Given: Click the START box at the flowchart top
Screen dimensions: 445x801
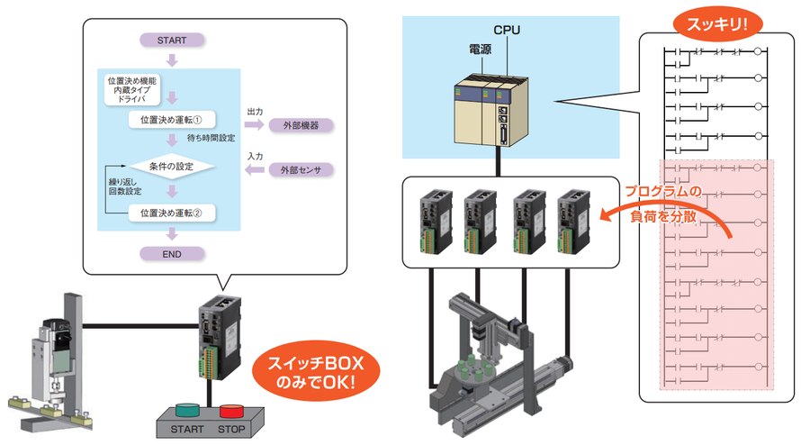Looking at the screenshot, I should tap(172, 41).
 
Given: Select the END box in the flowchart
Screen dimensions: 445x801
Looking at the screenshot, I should tap(172, 254).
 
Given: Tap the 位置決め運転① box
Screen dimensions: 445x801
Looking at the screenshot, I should tap(171, 119).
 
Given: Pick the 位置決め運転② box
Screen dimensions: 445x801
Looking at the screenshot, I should tap(171, 213).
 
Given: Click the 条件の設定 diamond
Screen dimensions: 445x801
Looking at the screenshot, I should tap(171, 166).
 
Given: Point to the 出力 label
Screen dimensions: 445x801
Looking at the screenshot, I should tap(255, 111).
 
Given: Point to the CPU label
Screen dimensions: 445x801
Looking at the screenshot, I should tap(507, 31).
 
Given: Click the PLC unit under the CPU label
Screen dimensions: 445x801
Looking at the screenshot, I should tap(485, 109).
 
